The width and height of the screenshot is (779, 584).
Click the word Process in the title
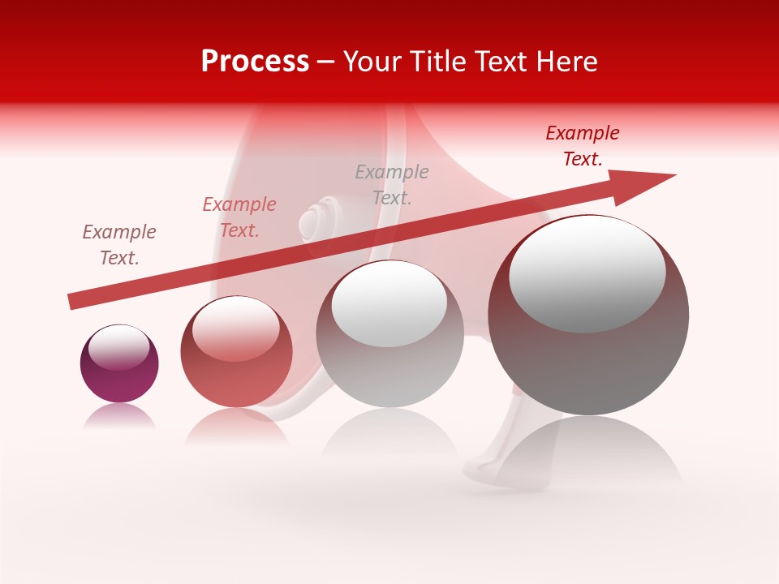coord(255,62)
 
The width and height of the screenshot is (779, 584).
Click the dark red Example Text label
coord(583,146)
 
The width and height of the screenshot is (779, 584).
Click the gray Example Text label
coord(392,184)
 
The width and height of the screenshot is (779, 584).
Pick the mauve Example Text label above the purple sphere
coord(119,245)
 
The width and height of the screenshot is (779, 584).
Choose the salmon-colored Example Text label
coord(239,217)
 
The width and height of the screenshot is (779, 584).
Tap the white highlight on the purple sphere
coord(119,346)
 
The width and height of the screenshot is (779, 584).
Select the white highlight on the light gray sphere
coord(389,303)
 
